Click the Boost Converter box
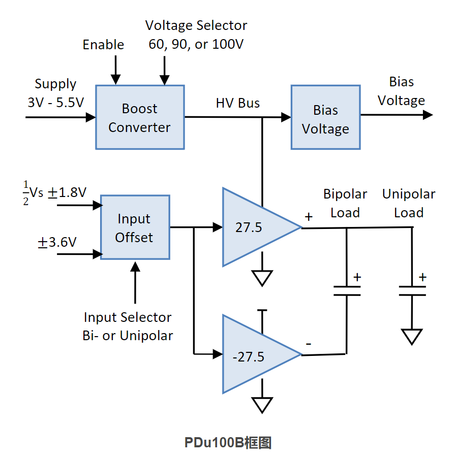click(x=140, y=117)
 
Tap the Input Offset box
click(x=135, y=227)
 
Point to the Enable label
click(x=103, y=45)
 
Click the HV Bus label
click(x=238, y=103)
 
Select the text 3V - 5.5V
click(x=55, y=103)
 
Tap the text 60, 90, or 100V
click(x=196, y=44)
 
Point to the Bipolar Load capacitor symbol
click(x=347, y=290)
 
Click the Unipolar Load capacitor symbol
click(x=412, y=291)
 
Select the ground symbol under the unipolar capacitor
click(x=412, y=337)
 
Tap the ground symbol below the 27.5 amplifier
click(x=262, y=278)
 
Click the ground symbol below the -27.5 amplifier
click(x=262, y=405)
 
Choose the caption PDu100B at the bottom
click(x=214, y=443)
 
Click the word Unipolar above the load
click(x=409, y=194)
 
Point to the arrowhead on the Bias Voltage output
click(x=428, y=115)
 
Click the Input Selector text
click(x=128, y=317)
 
